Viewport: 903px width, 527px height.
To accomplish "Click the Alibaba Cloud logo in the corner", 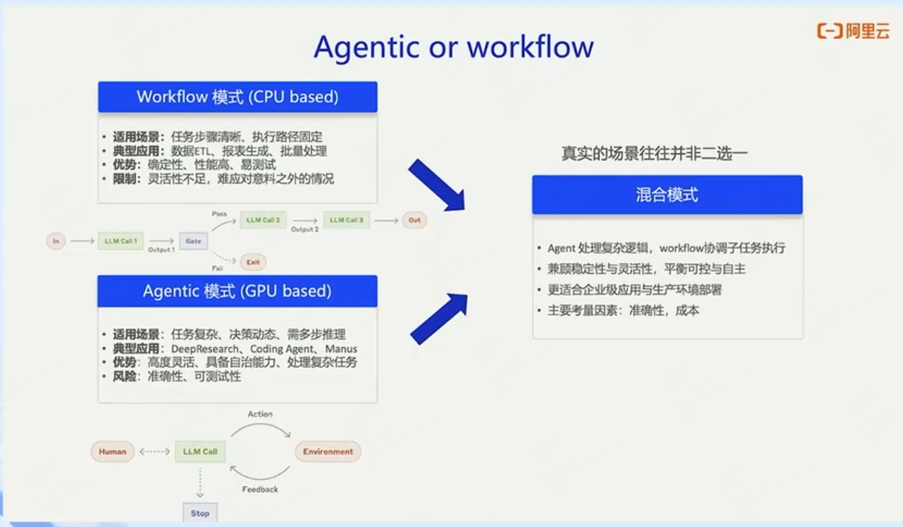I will click(x=853, y=30).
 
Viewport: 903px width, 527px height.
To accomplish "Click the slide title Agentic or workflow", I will click(x=454, y=47).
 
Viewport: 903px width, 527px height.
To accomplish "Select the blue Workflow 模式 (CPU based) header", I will click(x=237, y=97).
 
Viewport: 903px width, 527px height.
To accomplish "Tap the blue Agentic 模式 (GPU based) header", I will click(x=237, y=291).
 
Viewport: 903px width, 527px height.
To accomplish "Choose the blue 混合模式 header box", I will click(x=666, y=195).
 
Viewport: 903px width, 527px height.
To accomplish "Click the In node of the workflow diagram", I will click(x=56, y=241).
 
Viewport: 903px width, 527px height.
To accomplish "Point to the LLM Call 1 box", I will click(x=120, y=241).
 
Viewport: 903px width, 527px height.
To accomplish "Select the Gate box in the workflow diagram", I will click(x=193, y=241).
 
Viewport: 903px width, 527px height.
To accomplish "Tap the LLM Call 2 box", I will click(x=263, y=220).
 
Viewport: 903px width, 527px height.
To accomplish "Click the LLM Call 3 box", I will click(x=346, y=220).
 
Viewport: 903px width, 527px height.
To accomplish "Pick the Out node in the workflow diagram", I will click(x=414, y=220).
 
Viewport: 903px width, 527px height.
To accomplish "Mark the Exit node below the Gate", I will click(x=253, y=262).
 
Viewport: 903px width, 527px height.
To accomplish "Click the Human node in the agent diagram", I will click(x=113, y=452).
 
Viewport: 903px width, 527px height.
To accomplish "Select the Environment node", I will click(x=328, y=452).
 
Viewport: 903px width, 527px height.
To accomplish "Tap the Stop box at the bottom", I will click(x=200, y=513).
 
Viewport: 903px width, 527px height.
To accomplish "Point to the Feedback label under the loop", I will click(x=260, y=489).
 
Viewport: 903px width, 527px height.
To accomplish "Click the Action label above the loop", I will click(x=260, y=414).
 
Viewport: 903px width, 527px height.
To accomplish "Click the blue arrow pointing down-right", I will click(x=436, y=185).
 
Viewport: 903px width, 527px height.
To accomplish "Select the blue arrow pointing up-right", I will click(x=438, y=318).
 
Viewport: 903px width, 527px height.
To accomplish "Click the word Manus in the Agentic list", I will click(x=341, y=348).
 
